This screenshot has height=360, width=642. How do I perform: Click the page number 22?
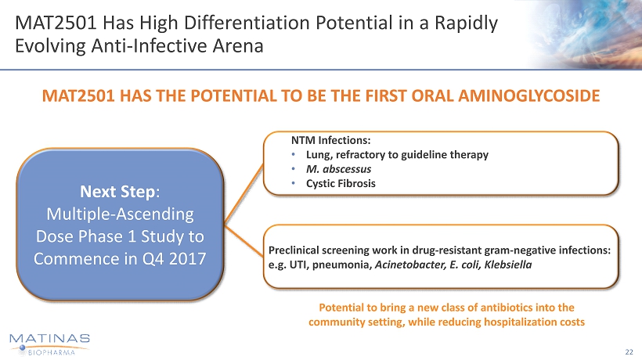[x=629, y=352]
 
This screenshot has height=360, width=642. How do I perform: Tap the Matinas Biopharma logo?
[x=49, y=344]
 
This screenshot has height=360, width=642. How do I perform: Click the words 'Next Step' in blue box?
[x=117, y=192]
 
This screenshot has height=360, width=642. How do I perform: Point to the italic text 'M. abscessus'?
[x=338, y=169]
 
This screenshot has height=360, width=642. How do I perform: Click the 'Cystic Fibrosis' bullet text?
[x=341, y=183]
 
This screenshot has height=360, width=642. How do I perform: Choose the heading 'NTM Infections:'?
[x=331, y=140]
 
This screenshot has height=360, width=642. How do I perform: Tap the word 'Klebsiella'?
[x=507, y=265]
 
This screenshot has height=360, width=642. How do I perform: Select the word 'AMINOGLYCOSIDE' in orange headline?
[x=529, y=95]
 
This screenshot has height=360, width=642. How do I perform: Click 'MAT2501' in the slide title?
[x=56, y=23]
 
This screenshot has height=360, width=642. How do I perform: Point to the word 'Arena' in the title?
[x=237, y=46]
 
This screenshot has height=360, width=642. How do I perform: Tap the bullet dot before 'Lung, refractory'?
[x=293, y=155]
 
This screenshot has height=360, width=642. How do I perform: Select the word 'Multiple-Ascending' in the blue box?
[x=120, y=214]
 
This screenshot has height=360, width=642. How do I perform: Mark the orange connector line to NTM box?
[x=244, y=193]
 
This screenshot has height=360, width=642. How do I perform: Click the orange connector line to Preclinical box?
[x=244, y=240]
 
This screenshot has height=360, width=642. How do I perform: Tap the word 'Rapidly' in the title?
[x=466, y=23]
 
